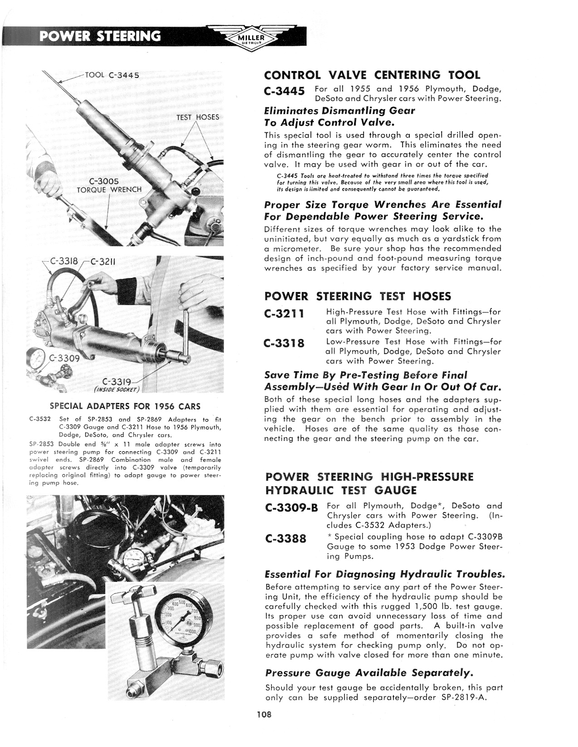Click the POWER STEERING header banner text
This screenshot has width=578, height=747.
coord(100,36)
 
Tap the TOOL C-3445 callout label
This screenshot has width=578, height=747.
coord(112,75)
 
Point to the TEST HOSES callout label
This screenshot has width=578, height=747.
coord(198,117)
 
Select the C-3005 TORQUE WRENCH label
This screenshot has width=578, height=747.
coord(109,186)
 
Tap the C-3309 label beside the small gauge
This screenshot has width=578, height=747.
coord(65,358)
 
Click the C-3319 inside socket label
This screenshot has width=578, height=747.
coord(117,384)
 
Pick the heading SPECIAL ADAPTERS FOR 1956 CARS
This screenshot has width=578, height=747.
coord(125,406)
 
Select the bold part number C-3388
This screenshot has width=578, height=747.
coord(286,539)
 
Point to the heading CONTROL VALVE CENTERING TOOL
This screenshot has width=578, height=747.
coord(372,75)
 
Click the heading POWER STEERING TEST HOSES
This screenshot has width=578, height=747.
coord(358,297)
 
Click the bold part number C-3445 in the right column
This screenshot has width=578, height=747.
coord(284,91)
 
